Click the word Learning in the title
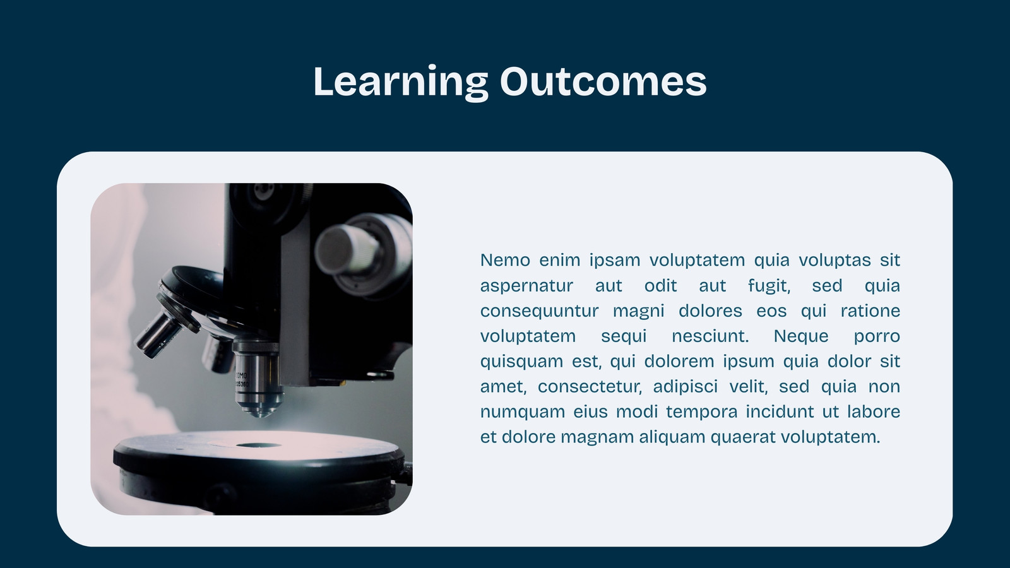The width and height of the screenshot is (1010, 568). (401, 81)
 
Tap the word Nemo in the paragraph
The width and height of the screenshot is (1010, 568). (505, 260)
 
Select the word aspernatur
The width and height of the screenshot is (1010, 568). (526, 287)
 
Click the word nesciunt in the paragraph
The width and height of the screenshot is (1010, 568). (710, 336)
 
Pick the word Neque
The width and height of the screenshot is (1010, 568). (801, 337)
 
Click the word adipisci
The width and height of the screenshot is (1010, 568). (686, 387)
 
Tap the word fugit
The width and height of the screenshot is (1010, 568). (769, 287)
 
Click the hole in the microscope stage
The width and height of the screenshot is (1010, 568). (258, 446)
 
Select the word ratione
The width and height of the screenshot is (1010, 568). (870, 311)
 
